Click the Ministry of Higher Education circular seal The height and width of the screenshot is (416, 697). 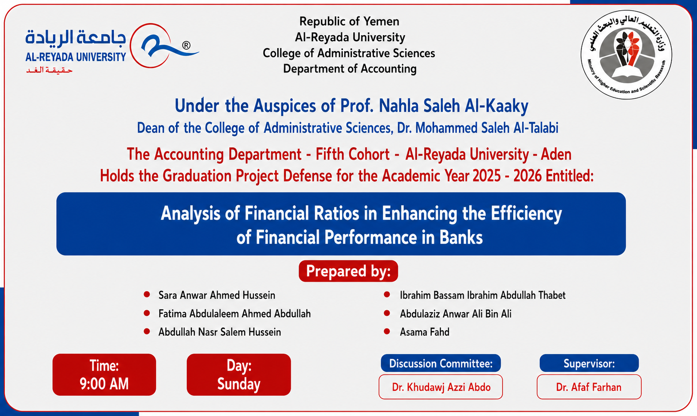[x=626, y=55]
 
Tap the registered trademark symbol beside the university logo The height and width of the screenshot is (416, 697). [x=186, y=46]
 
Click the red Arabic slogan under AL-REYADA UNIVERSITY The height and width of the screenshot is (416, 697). [x=49, y=71]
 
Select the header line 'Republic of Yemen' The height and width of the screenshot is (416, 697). [x=349, y=21]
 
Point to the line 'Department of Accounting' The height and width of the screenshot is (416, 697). [x=349, y=69]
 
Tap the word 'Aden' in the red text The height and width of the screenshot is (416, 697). [x=556, y=154]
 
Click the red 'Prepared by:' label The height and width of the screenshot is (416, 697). [x=348, y=271]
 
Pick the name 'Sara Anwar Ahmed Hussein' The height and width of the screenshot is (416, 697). [x=217, y=295]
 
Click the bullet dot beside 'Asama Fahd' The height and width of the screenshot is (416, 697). [x=387, y=331]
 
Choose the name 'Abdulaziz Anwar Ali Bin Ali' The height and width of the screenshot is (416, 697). [x=455, y=314]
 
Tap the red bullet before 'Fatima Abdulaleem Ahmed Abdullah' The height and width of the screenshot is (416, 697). [x=147, y=313]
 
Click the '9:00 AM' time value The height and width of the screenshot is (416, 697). [x=104, y=384]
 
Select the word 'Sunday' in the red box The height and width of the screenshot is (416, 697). [x=239, y=384]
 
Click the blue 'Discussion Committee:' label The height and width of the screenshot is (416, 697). [x=441, y=363]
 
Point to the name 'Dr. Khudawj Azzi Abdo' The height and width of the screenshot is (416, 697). [x=441, y=387]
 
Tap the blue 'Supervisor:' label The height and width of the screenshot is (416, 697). [x=589, y=363]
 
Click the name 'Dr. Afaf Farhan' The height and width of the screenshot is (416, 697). [x=589, y=387]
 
